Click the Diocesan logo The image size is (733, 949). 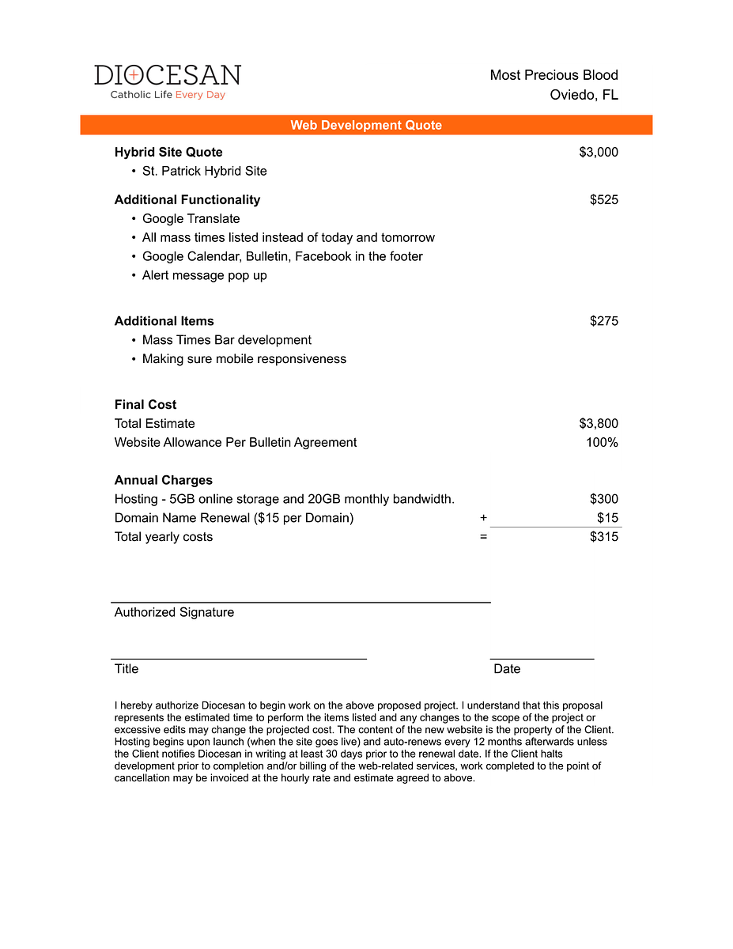click(168, 81)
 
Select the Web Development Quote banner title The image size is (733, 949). click(366, 125)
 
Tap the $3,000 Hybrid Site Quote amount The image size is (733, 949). click(599, 152)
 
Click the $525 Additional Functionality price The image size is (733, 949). click(604, 199)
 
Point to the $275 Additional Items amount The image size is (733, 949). click(604, 321)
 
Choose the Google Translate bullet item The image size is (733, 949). click(191, 218)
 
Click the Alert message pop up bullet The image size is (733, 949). click(204, 275)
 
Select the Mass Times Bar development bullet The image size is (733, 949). click(226, 340)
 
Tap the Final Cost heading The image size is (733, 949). click(145, 404)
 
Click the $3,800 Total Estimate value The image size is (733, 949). click(599, 423)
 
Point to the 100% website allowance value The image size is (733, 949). click(602, 442)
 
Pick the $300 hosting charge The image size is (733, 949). click(604, 499)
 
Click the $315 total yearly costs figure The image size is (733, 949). click(604, 537)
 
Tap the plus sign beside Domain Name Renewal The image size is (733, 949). click(483, 518)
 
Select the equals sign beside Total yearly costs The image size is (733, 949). click(483, 537)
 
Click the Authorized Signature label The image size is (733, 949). click(174, 612)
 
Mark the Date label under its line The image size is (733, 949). click(507, 669)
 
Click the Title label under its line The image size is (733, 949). click(127, 669)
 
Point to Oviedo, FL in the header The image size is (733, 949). click(584, 95)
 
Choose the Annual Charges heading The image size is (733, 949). click(164, 480)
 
